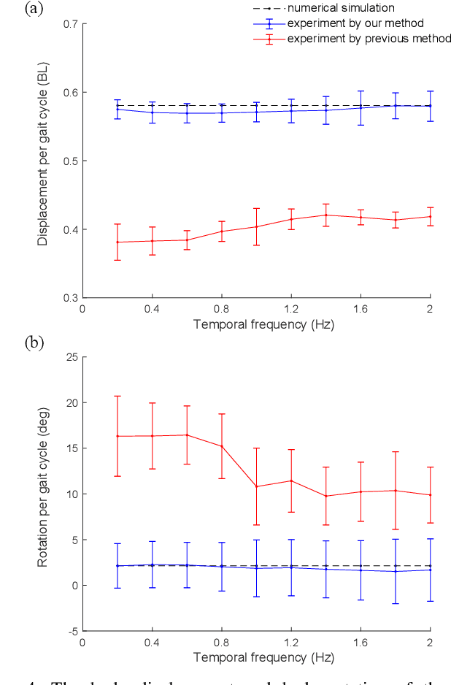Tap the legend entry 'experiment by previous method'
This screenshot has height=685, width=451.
369,39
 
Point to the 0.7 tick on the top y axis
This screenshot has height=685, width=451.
71,24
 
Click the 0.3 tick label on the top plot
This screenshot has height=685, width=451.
71,298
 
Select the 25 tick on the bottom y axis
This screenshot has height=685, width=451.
73,357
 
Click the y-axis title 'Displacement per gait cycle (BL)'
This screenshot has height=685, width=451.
44,161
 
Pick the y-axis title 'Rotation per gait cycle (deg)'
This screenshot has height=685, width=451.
44,494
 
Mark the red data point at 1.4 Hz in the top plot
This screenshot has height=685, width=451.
325,215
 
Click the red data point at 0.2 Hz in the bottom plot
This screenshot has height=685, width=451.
117,436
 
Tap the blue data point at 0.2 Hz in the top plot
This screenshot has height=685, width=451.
117,109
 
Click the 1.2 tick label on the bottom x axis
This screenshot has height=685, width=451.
291,643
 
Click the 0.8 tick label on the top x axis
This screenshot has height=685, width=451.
221,310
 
